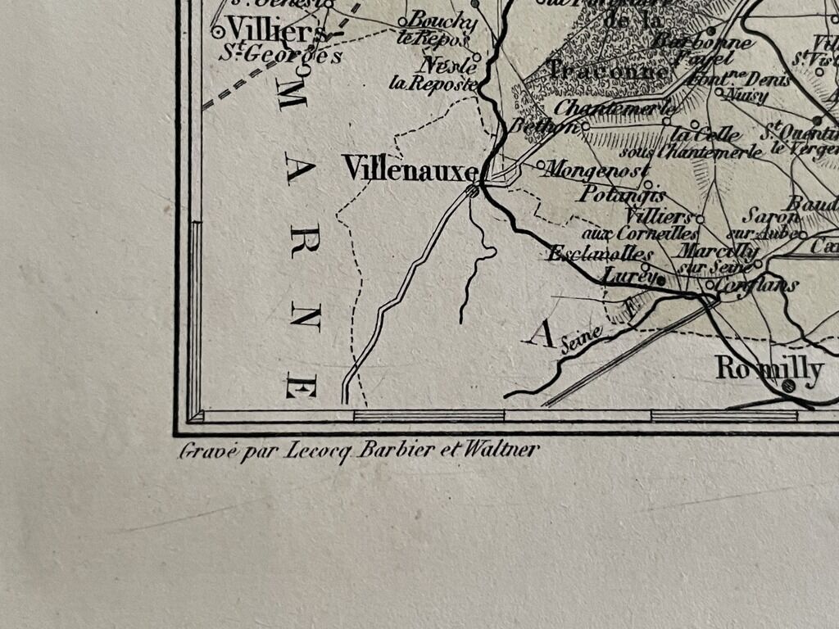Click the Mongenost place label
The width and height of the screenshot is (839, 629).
click(597, 170)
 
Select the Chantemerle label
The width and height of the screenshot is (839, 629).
click(615, 107)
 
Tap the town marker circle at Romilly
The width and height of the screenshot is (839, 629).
click(788, 385)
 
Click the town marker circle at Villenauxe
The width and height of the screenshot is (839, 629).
click(472, 192)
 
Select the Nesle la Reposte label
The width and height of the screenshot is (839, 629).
click(443, 75)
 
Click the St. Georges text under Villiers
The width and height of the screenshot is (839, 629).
click(279, 57)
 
